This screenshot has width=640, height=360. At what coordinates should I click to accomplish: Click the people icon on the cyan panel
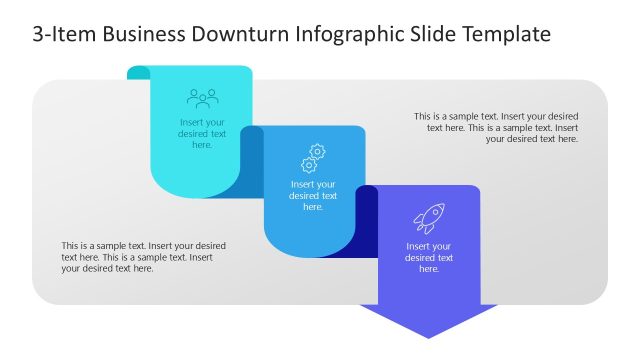[x=202, y=98]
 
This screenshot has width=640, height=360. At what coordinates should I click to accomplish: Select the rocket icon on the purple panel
[x=429, y=218]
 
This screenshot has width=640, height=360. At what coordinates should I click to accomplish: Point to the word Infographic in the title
[x=347, y=35]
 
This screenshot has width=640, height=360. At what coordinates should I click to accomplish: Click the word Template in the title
[x=506, y=35]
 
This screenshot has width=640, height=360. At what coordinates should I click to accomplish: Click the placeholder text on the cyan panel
[x=202, y=133]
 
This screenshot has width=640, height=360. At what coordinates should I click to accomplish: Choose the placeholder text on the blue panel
[x=314, y=195]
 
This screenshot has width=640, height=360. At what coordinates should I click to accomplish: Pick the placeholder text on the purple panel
[x=429, y=257]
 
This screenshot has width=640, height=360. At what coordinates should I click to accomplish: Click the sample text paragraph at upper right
[x=496, y=127]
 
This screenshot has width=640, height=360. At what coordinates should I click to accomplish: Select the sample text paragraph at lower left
[x=143, y=257]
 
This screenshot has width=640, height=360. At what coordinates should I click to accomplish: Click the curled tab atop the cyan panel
[x=139, y=73]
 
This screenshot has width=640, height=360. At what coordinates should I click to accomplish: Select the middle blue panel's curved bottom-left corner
[x=274, y=246]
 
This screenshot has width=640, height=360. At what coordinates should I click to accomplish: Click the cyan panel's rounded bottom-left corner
[x=161, y=186]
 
